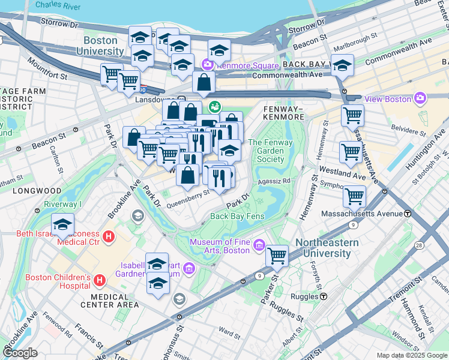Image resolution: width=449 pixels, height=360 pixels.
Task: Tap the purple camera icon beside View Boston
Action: click(420, 98)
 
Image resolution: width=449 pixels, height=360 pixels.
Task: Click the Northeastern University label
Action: click(327, 248)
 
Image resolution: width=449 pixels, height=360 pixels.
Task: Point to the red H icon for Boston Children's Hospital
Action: click(100, 280)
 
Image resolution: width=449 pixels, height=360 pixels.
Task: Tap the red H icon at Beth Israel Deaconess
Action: click(109, 236)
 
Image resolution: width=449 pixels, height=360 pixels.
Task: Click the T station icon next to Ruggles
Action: click(323, 296)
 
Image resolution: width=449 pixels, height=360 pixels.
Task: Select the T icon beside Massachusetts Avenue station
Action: click(408, 214)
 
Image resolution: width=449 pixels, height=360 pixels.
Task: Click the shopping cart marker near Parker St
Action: click(277, 256)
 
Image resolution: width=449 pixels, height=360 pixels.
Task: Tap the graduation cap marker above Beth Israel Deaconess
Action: click(62, 224)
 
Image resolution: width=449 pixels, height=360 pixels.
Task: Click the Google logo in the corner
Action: click(20, 353)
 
